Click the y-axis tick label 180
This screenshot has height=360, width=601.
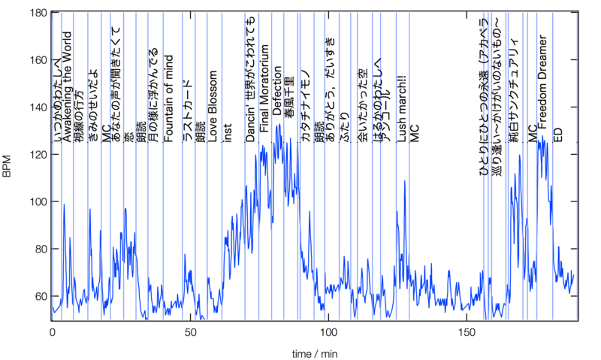tap(38, 13)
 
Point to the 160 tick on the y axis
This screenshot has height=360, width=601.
tap(38, 59)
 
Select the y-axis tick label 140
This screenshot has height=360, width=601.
tap(38, 107)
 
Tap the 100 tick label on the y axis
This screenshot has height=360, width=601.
tap(38, 201)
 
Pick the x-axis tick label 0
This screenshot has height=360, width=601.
tap(53, 331)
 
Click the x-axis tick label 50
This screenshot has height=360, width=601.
tap(190, 331)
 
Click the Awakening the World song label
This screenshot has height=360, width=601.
tap(68, 86)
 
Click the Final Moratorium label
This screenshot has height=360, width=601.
tap(264, 89)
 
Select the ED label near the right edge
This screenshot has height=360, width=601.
tap(557, 135)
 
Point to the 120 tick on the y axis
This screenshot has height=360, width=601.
tap(38, 154)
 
